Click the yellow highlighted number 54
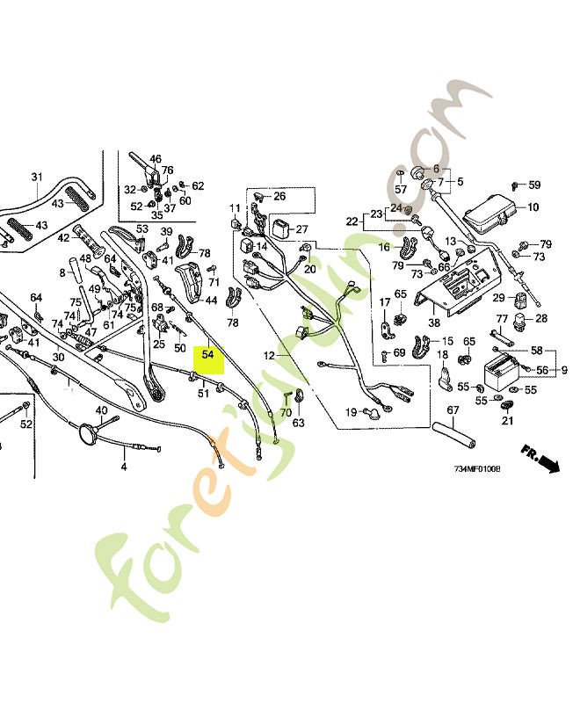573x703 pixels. point(208,355)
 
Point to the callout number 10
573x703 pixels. point(533,207)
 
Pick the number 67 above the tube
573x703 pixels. point(453,410)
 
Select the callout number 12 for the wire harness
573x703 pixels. point(270,356)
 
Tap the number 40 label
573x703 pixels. point(101,410)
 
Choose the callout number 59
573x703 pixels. point(533,185)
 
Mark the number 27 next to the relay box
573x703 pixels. point(302,229)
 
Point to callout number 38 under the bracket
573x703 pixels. point(434,323)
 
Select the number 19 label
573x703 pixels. point(351,412)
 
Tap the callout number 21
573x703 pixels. point(506,422)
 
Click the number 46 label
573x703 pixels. point(156,160)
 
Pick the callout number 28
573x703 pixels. point(540,318)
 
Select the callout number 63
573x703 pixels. point(298,423)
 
